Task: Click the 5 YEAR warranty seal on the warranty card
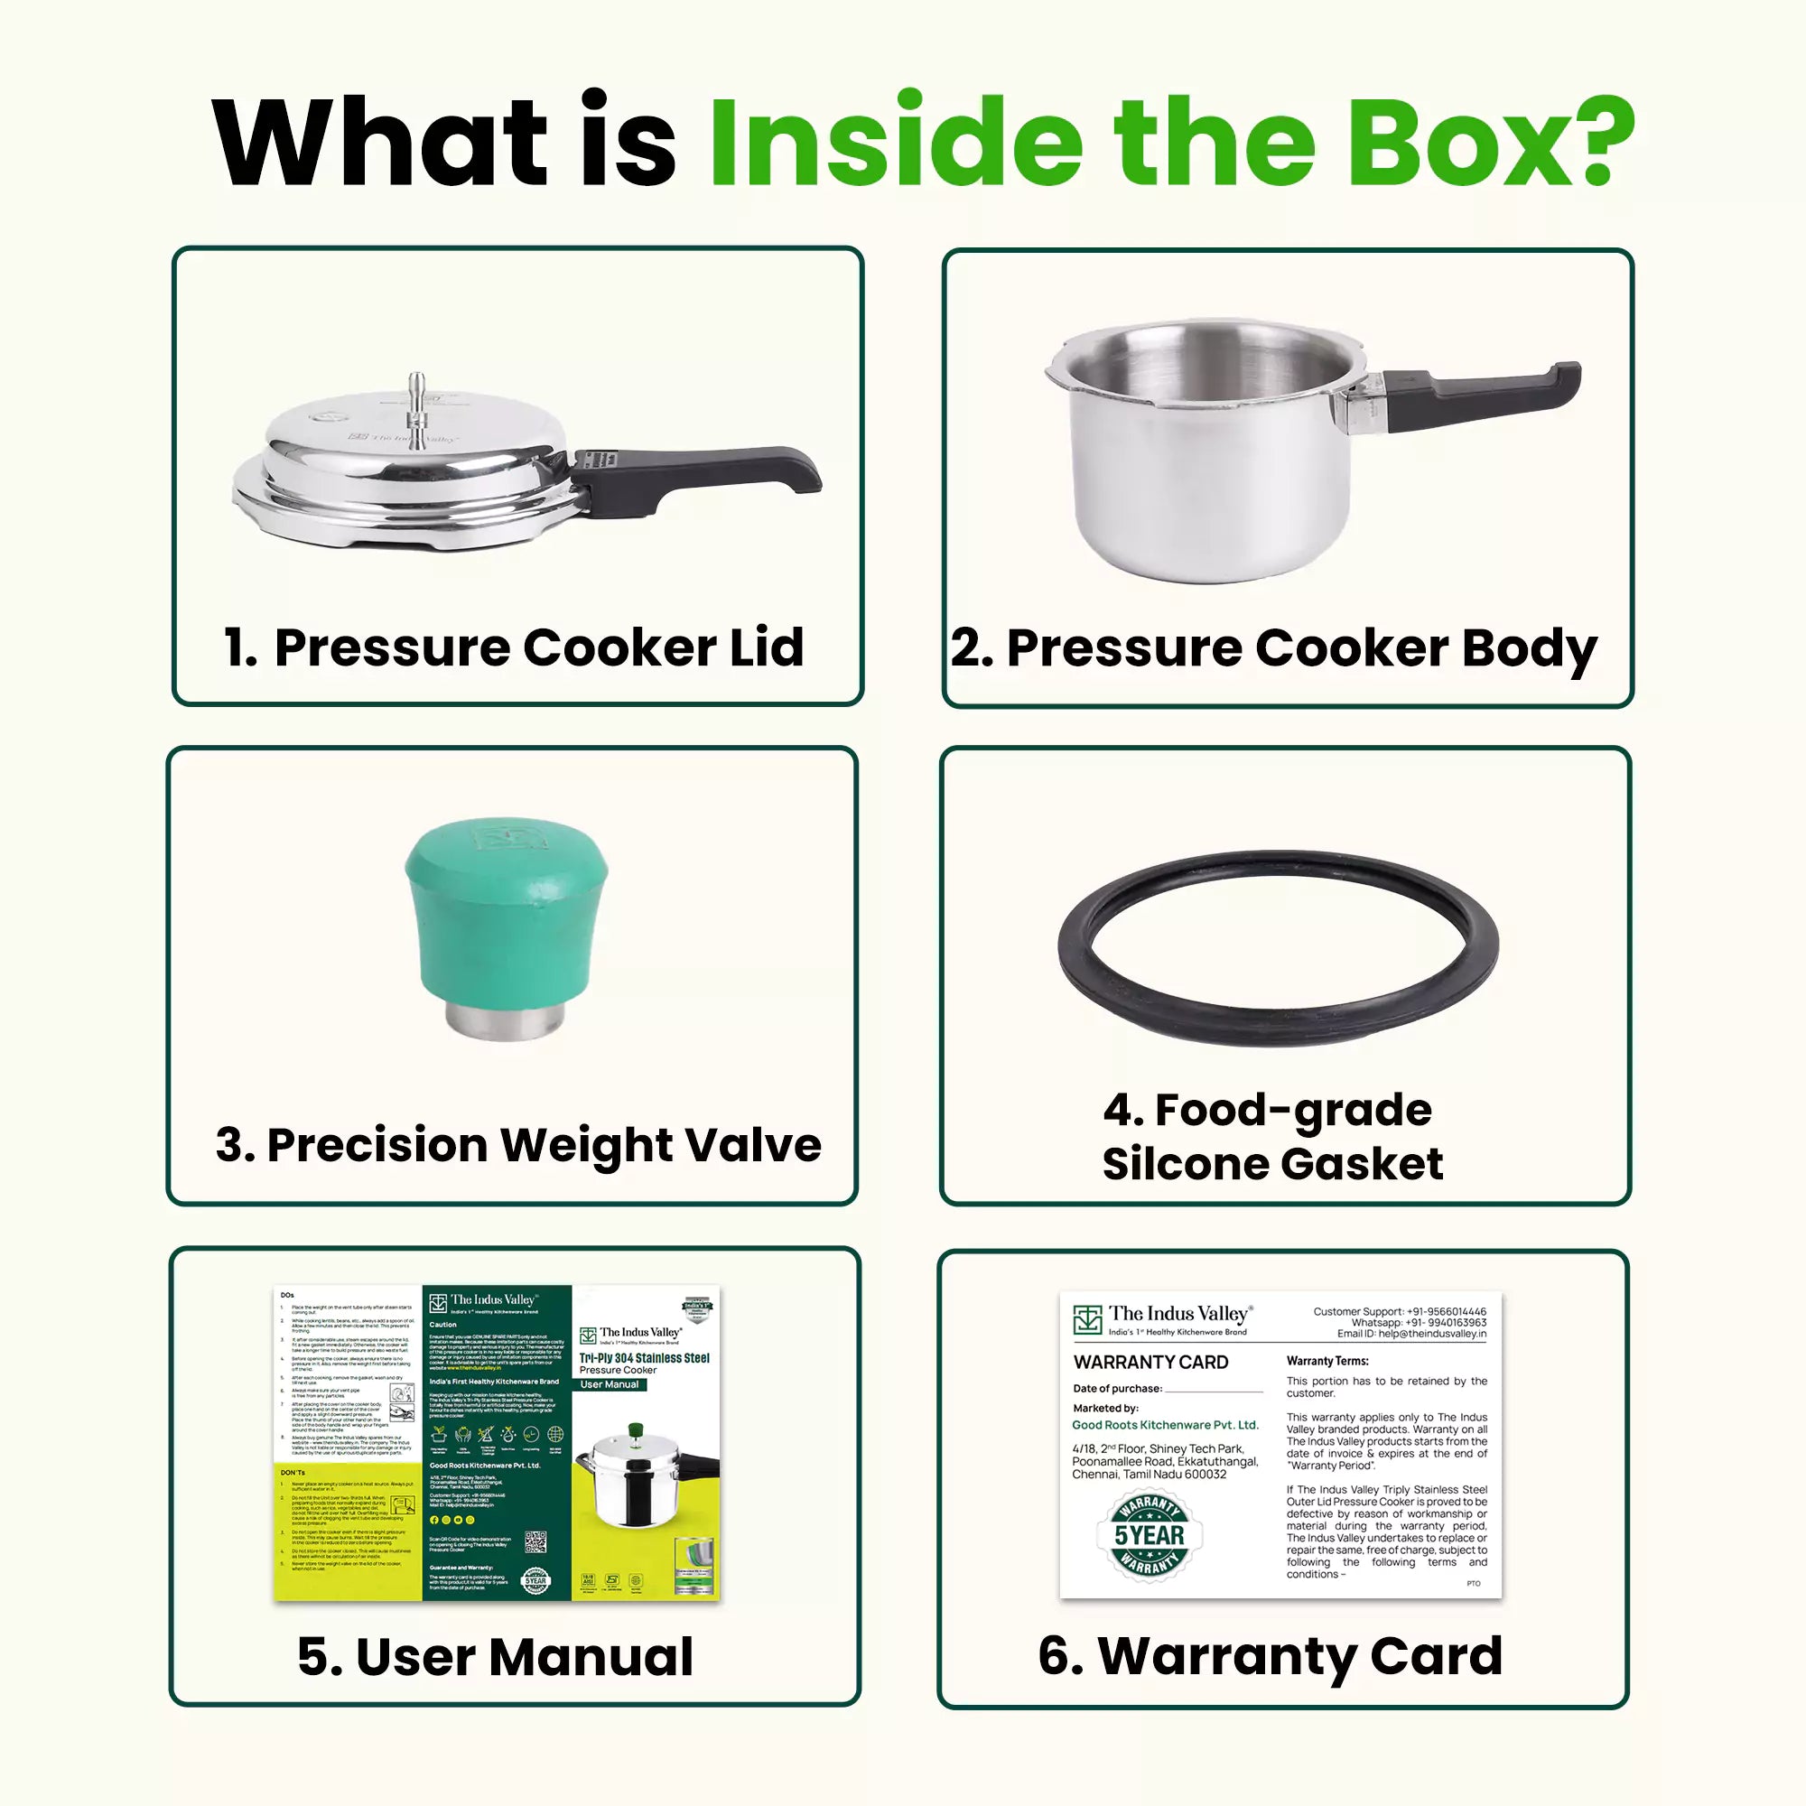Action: pyautogui.click(x=1149, y=1536)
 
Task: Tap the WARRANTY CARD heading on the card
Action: pyautogui.click(x=1150, y=1362)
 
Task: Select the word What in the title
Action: pyautogui.click(x=378, y=142)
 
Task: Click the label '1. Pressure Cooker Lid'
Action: pyautogui.click(x=513, y=647)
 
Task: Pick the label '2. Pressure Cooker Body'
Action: pyautogui.click(x=1273, y=647)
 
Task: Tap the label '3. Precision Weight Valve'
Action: pyautogui.click(x=517, y=1145)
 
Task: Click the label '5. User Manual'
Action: pyautogui.click(x=496, y=1656)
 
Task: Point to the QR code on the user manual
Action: pyautogui.click(x=535, y=1541)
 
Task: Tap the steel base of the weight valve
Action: pyautogui.click(x=506, y=1019)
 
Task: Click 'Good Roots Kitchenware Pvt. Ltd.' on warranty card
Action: pyautogui.click(x=1165, y=1426)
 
